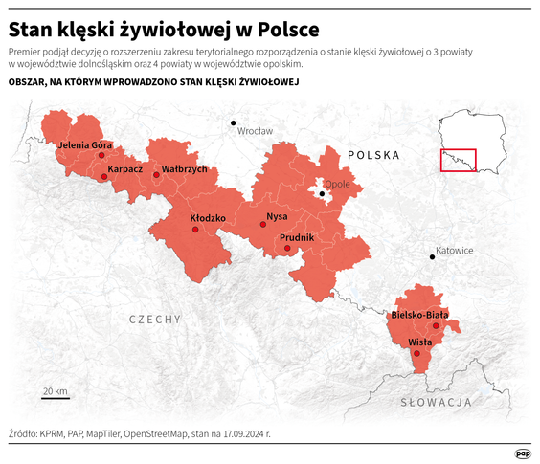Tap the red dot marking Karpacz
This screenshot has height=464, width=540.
(104, 177)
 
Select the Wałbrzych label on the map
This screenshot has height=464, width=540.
(184, 169)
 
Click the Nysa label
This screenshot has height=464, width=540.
(277, 216)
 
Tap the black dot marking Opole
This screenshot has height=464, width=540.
(323, 194)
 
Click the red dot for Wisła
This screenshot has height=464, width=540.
(416, 354)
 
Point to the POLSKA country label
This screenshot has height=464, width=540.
(373, 154)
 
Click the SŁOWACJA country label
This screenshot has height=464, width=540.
(435, 402)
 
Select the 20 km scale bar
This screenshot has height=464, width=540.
(55, 397)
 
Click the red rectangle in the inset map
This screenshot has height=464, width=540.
(458, 160)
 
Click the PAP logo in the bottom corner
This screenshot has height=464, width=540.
(523, 453)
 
